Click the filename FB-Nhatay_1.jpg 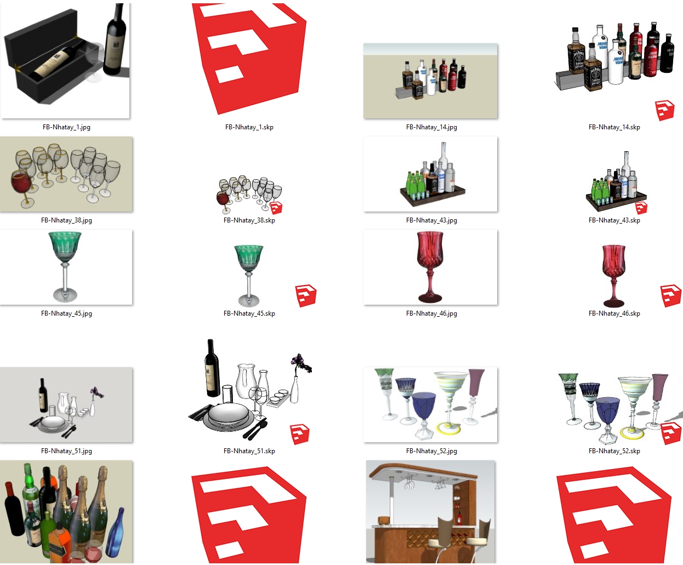pos(66,127)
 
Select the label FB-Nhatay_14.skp pos(614,127)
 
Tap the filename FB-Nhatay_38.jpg pos(66,220)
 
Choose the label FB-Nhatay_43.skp pos(614,220)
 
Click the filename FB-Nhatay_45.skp pos(249,313)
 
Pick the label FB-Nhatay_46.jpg pos(431,313)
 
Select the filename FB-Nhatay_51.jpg pos(66,451)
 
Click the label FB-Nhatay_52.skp pos(614,451)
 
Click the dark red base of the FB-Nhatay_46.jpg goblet pos(430,298)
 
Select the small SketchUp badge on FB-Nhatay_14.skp pos(665,111)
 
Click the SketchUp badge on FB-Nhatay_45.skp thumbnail pos(305,296)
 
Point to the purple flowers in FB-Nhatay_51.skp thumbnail pos(301,363)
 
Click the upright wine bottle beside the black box pos(115,40)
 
